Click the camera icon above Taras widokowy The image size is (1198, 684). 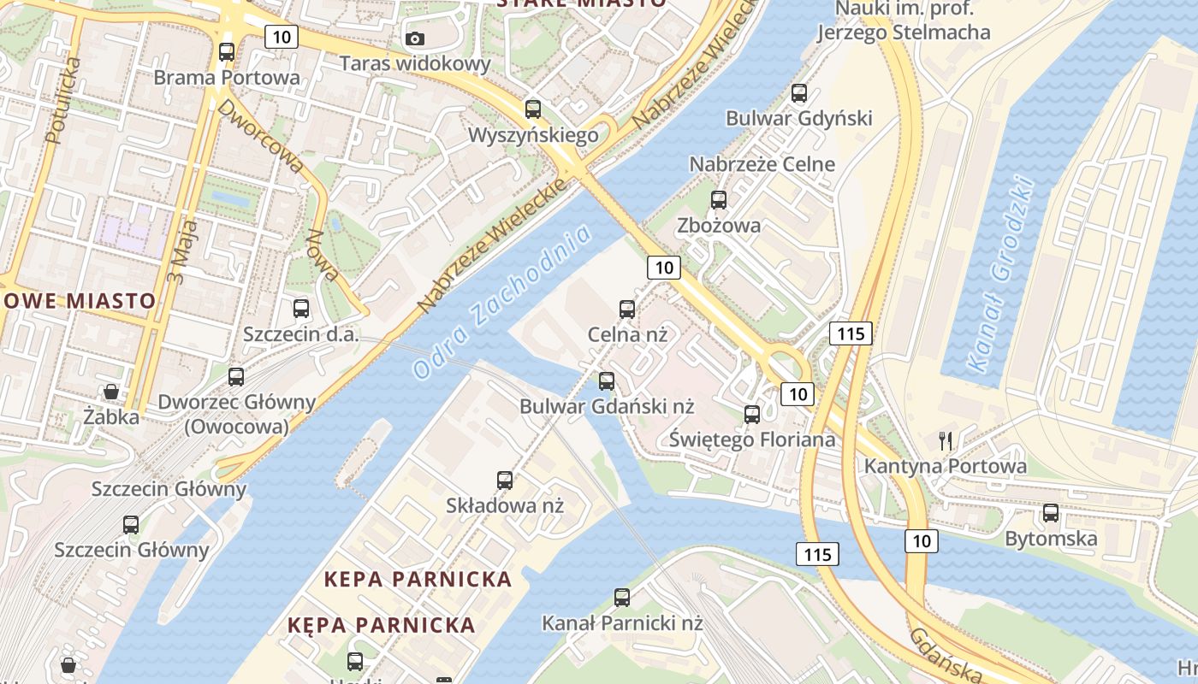(x=415, y=38)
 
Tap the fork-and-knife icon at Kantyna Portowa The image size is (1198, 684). (x=946, y=441)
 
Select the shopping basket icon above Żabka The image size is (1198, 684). (x=111, y=392)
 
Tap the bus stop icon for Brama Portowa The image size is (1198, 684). (x=227, y=52)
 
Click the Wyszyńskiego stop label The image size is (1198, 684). (x=533, y=135)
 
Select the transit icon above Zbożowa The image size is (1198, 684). (x=719, y=200)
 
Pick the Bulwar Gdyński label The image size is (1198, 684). (x=798, y=118)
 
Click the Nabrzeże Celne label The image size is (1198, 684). (x=762, y=163)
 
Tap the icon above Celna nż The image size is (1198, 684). (x=627, y=310)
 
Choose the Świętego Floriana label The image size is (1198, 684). (x=751, y=440)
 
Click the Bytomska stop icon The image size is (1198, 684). (x=1051, y=513)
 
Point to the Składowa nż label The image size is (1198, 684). (x=505, y=505)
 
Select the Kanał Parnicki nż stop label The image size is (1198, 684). (x=622, y=623)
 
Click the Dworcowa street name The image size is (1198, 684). (x=260, y=136)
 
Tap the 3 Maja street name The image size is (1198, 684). (x=182, y=253)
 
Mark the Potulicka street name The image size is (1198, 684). (x=64, y=100)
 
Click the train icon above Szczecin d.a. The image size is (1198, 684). (x=301, y=309)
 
